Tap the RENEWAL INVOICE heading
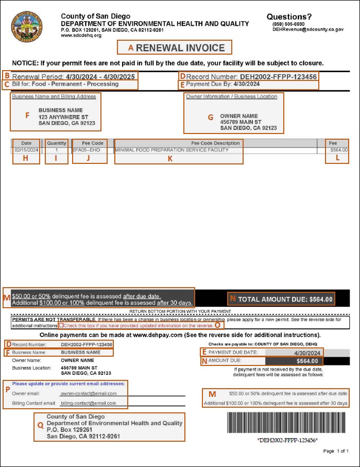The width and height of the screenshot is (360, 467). click(x=180, y=48)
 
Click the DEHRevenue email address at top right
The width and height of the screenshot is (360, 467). click(x=308, y=30)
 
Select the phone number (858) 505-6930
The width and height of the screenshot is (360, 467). click(x=288, y=24)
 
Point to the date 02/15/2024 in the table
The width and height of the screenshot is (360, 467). click(x=26, y=150)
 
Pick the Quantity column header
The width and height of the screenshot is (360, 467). click(x=57, y=143)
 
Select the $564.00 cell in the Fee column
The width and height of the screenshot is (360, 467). click(x=338, y=150)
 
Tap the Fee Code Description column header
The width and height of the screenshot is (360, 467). click(x=215, y=143)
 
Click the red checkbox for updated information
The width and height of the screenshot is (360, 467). click(x=61, y=326)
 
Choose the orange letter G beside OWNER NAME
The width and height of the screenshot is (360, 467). click(x=210, y=117)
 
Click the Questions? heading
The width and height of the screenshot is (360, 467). click(x=289, y=16)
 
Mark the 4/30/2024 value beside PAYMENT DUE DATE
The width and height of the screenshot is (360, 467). click(x=307, y=353)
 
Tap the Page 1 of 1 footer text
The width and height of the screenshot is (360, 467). click(x=336, y=451)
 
